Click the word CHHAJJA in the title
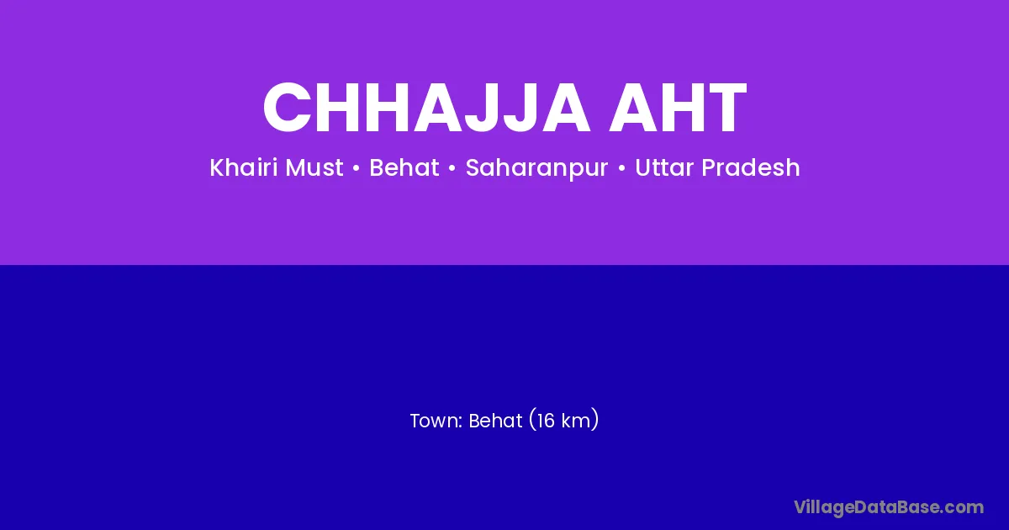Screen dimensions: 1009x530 click(x=426, y=108)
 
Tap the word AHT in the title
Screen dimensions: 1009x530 click(x=678, y=108)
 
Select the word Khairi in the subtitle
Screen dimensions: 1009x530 click(x=243, y=167)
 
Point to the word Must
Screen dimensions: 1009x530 click(x=314, y=167)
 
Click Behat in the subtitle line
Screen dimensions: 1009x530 click(x=404, y=167)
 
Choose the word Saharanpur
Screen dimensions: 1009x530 click(x=536, y=168)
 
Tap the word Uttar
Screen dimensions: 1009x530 click(x=664, y=167)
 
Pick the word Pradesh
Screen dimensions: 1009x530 click(x=750, y=167)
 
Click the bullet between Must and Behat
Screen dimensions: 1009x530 click(x=357, y=168)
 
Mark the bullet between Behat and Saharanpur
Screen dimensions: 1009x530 click(x=452, y=168)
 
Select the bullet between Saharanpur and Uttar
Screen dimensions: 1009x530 click(x=621, y=168)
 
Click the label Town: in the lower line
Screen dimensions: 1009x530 click(x=436, y=421)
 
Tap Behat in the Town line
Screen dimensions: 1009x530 click(x=495, y=421)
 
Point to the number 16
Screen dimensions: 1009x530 click(x=546, y=421)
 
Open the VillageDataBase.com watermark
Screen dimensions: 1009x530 click(x=889, y=507)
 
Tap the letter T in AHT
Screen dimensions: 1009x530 click(x=725, y=108)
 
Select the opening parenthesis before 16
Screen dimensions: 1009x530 click(x=532, y=420)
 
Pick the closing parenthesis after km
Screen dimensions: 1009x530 click(x=595, y=420)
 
